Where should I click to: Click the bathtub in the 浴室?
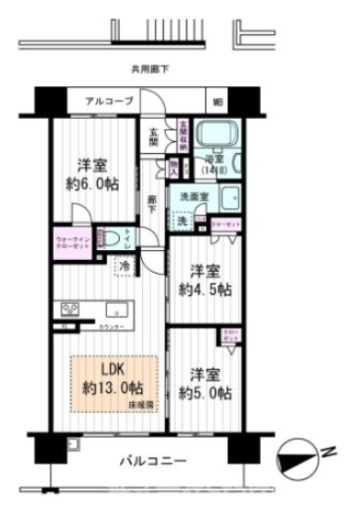pos(212,131)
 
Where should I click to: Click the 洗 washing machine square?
pos(181,220)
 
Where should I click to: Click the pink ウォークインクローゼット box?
pos(74,241)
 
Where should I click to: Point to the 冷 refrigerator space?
pos(126,265)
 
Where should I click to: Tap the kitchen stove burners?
pos(71,311)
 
